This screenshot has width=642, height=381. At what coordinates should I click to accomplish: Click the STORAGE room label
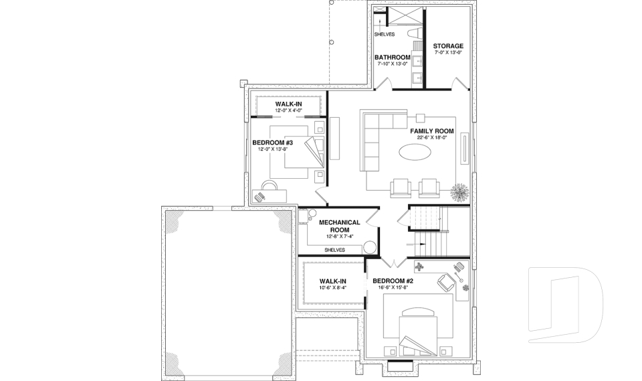[x=447, y=46]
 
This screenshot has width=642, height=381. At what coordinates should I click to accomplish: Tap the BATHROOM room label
[x=392, y=58]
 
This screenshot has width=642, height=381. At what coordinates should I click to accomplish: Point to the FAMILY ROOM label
[x=432, y=131]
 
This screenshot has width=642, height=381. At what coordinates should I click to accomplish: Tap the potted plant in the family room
[x=461, y=192]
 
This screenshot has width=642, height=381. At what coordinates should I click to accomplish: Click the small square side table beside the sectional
[x=420, y=116]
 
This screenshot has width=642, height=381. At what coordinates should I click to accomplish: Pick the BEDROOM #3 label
[x=273, y=143]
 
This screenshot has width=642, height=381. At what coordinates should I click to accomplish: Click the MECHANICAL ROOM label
[x=339, y=226]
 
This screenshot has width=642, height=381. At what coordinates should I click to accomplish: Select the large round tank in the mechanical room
[x=369, y=246]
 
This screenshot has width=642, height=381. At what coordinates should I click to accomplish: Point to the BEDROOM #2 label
[x=393, y=281]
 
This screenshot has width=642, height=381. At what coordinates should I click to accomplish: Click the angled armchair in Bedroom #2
[x=445, y=282]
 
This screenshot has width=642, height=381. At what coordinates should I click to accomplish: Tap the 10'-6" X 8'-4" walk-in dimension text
[x=332, y=289]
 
